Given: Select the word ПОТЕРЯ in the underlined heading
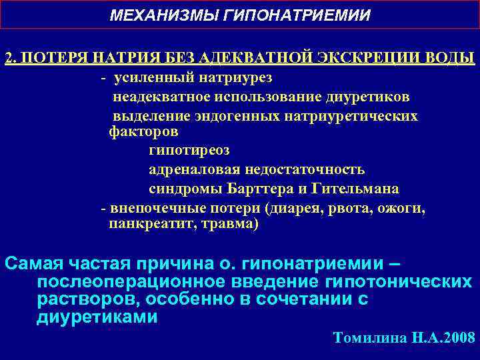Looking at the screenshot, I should coord(54,57).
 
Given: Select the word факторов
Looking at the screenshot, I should coord(143,131).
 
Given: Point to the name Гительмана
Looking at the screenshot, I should coord(351,188).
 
